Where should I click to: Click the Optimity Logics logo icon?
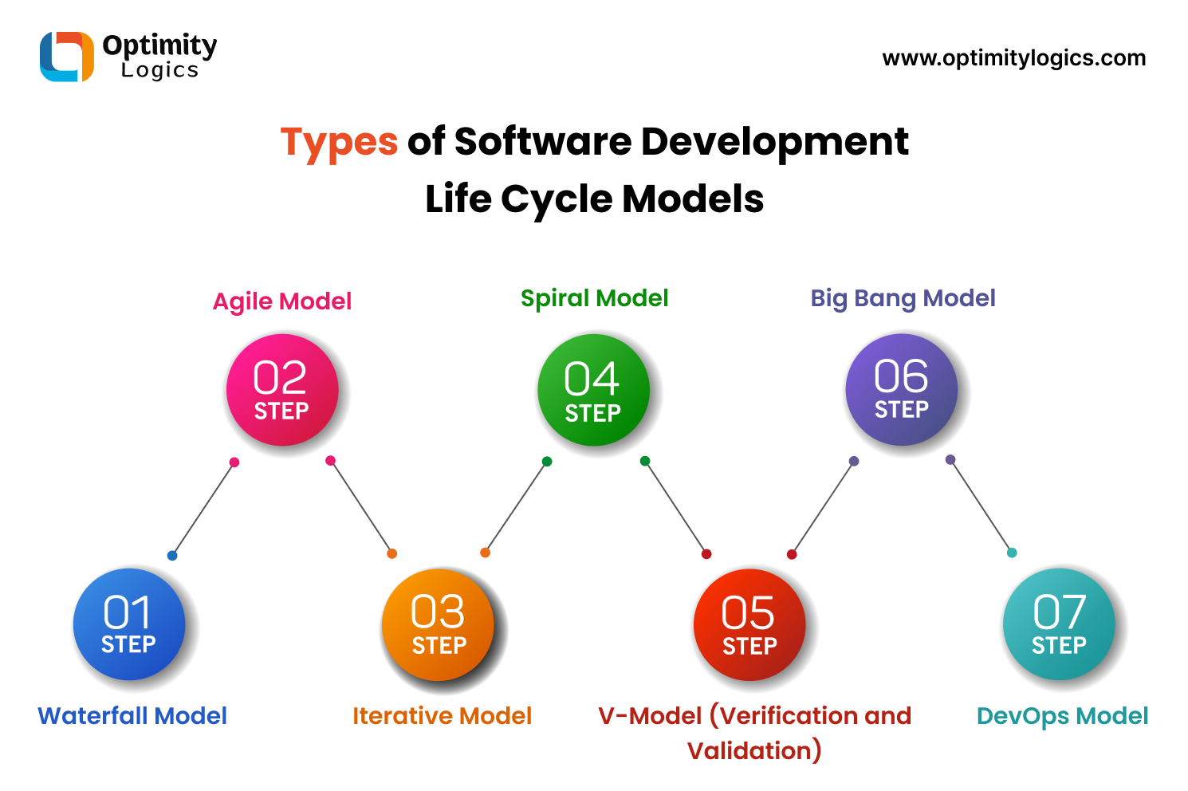(x=67, y=57)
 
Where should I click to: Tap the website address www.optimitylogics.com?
(x=1013, y=58)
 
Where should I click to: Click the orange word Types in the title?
(x=339, y=143)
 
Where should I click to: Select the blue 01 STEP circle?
(x=129, y=624)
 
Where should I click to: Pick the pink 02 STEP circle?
(x=282, y=390)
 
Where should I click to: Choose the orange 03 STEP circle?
(x=438, y=625)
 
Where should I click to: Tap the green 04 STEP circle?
(x=593, y=390)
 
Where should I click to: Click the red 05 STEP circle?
(x=749, y=625)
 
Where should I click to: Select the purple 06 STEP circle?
(x=901, y=388)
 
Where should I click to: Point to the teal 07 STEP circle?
(x=1059, y=624)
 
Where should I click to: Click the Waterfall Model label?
(x=132, y=716)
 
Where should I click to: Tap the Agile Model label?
(x=282, y=301)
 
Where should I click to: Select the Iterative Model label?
(x=442, y=716)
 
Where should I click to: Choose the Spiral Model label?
(x=594, y=298)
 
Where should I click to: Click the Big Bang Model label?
(x=903, y=298)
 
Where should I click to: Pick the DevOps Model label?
(x=1062, y=716)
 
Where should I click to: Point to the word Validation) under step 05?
(x=754, y=751)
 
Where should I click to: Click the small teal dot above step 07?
(x=1012, y=553)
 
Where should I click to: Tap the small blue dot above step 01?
(x=172, y=556)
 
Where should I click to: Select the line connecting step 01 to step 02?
(x=203, y=509)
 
